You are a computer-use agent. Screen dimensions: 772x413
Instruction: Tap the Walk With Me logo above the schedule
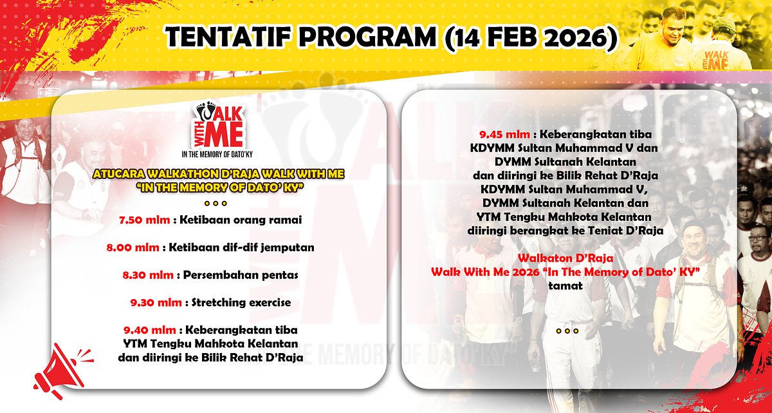[217, 129]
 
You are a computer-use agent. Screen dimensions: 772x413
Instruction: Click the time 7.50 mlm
[144, 220]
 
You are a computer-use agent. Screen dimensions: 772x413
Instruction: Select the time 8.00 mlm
[133, 247]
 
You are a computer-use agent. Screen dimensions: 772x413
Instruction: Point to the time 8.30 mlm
[148, 275]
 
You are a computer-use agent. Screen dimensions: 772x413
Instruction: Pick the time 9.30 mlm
[156, 303]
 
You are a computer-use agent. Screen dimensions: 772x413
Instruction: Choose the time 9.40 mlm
[149, 330]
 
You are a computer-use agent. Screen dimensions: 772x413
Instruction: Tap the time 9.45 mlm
[504, 134]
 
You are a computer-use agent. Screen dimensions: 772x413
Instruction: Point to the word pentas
[275, 275]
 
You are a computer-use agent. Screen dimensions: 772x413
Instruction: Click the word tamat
[565, 285]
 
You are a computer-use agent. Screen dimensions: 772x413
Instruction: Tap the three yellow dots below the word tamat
[567, 331]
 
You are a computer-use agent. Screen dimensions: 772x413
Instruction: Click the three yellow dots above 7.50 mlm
[216, 203]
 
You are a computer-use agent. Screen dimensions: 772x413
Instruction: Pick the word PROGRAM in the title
[367, 37]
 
